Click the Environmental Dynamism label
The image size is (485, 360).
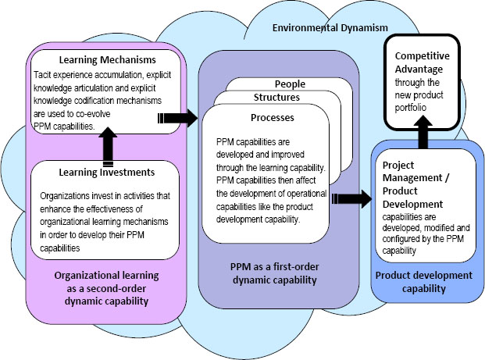pos(330,28)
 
